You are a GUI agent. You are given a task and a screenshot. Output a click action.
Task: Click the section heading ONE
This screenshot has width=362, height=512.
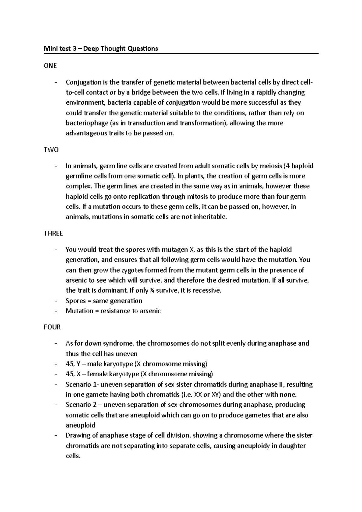[50, 66]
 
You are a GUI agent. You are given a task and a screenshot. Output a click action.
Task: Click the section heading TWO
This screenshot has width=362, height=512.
[51, 150]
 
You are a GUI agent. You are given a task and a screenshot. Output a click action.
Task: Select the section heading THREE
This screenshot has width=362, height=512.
[53, 233]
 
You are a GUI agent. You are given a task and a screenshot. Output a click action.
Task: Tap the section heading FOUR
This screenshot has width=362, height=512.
[52, 327]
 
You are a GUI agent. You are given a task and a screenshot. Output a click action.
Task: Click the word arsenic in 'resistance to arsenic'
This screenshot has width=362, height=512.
[150, 311]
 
